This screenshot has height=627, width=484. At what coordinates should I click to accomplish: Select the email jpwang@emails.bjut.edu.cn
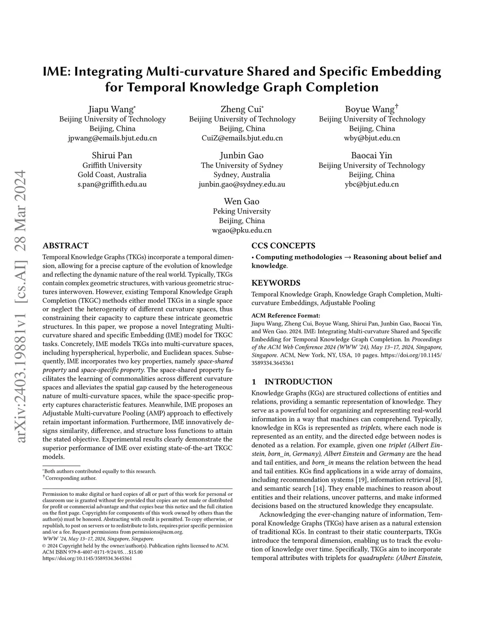point(112,138)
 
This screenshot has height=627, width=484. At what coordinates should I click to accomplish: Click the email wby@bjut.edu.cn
point(372,138)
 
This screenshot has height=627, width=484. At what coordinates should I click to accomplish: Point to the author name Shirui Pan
point(112,155)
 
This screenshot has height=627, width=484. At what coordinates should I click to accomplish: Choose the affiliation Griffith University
point(112,165)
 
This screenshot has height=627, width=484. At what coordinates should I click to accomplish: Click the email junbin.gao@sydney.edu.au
point(242,184)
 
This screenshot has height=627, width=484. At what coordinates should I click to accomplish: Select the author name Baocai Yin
point(372,155)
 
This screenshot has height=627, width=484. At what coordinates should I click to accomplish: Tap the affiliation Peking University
point(242,211)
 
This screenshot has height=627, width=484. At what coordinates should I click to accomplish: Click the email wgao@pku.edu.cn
point(242,230)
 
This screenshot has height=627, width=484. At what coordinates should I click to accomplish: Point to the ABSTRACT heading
point(65,246)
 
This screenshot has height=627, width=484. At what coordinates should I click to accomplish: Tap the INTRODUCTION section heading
point(298,382)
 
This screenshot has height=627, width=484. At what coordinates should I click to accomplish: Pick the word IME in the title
point(56,72)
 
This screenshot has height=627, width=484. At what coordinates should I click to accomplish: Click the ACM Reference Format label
point(285,316)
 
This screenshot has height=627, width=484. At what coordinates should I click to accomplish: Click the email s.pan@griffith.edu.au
point(112,184)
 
